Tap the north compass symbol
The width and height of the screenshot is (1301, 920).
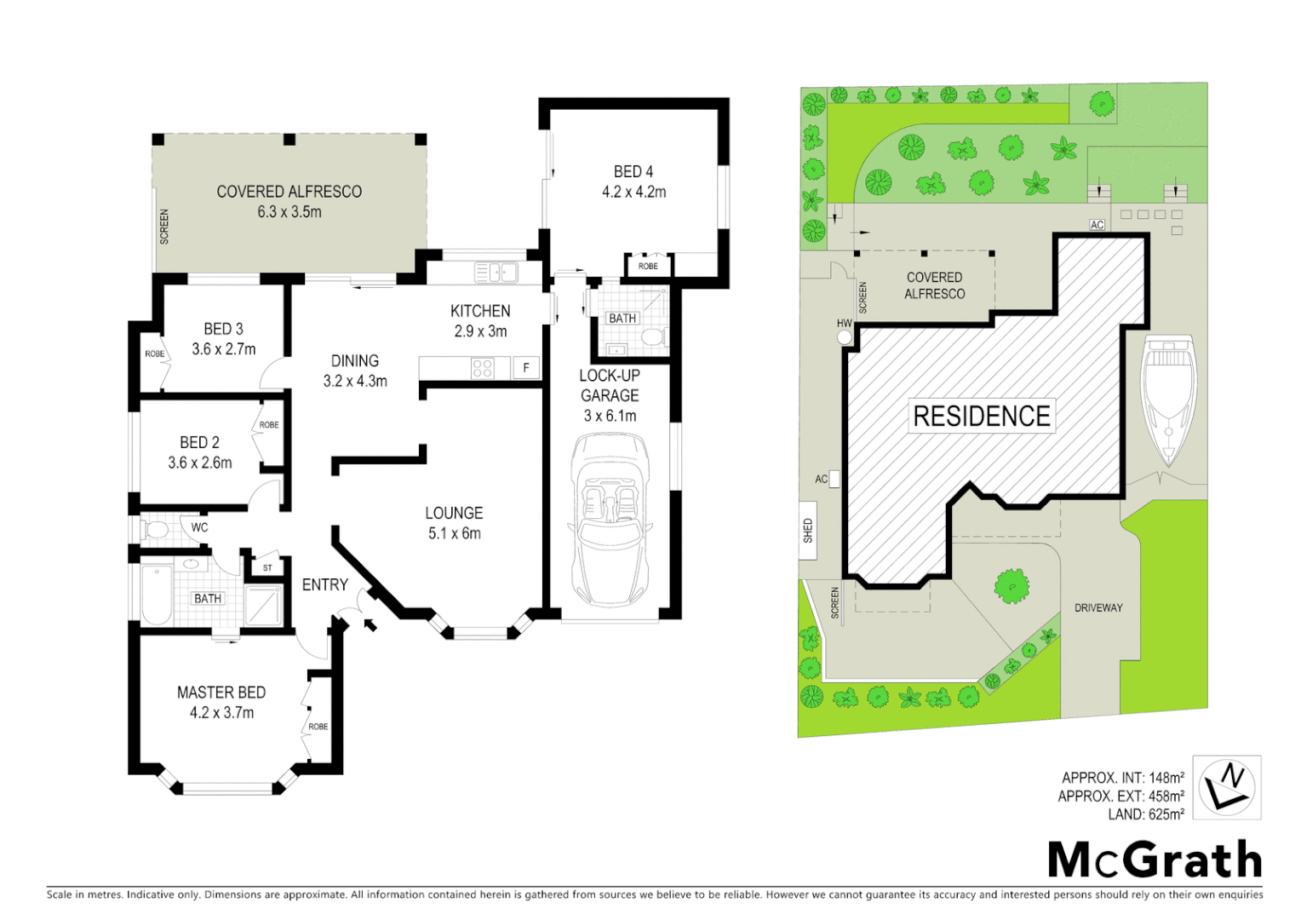point(1226,787)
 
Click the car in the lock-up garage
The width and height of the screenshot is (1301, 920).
point(609,519)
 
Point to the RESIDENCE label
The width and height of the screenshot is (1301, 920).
point(981,416)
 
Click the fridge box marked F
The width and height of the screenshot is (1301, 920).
point(526,368)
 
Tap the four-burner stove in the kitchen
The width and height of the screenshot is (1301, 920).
point(482,368)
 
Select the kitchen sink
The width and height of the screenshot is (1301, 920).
point(496,273)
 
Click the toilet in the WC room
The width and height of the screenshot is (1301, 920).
point(156,529)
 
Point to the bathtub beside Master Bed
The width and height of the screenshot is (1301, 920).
point(157,594)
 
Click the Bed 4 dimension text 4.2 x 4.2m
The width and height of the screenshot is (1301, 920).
point(633,192)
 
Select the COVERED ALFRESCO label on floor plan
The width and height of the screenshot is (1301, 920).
point(289,192)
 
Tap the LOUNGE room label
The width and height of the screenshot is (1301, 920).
point(454,513)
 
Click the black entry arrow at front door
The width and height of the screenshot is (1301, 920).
point(370,626)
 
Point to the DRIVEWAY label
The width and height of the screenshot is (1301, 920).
point(1098,607)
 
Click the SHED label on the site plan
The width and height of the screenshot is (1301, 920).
point(807,531)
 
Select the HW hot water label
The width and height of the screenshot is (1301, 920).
point(844,324)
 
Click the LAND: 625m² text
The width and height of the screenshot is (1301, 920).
point(1145,814)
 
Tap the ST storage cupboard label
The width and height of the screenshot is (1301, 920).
point(267,568)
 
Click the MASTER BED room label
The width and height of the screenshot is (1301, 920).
point(221,693)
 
